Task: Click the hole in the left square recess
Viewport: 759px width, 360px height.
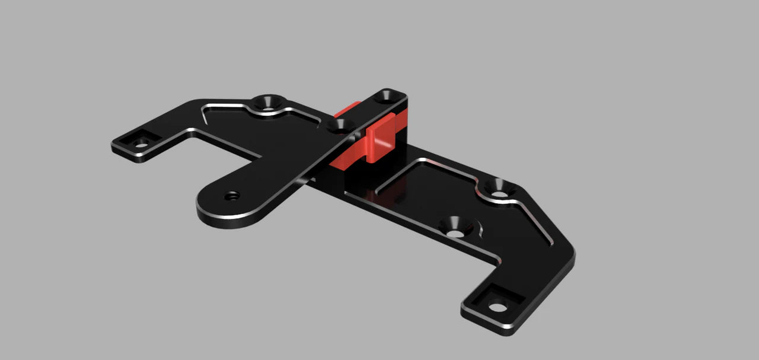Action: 142,145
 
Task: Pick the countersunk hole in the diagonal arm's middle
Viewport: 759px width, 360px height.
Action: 340,125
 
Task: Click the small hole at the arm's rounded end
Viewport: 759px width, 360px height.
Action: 232,195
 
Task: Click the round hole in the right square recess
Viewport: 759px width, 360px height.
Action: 497,307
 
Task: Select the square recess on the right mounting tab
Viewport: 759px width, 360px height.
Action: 493,302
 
